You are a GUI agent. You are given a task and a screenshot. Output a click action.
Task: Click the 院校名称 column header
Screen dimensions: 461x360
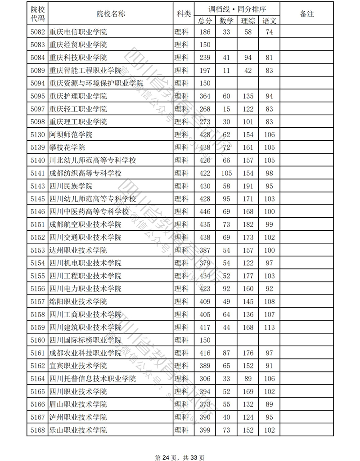click(111, 13)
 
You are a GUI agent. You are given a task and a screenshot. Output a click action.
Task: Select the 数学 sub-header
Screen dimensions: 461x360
click(226, 20)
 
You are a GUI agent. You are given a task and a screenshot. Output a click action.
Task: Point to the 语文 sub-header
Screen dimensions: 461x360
click(270, 20)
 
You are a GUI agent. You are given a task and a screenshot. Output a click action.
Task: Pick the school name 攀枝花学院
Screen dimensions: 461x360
click(67, 148)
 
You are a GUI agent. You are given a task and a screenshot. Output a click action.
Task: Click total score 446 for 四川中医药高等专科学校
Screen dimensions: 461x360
click(205, 212)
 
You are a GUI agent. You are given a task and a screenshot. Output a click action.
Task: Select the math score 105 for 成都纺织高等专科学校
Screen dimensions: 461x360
click(226, 173)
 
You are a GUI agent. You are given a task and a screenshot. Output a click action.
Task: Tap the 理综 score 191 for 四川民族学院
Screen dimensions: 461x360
click(248, 186)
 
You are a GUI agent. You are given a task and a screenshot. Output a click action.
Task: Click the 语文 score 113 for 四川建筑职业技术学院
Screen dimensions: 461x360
click(270, 327)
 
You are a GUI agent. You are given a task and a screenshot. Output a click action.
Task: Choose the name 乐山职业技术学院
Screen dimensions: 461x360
click(78, 430)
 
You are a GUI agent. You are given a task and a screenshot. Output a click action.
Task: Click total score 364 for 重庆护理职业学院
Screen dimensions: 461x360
click(205, 96)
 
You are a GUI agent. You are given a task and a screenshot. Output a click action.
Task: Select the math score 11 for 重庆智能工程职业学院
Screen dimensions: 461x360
click(226, 71)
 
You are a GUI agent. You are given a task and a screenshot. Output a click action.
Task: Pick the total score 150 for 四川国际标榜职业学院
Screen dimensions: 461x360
click(205, 340)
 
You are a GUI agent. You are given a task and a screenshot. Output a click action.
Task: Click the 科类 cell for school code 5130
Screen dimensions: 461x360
click(182, 135)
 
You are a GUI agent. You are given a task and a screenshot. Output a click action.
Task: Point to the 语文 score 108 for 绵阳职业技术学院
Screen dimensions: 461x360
click(270, 302)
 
